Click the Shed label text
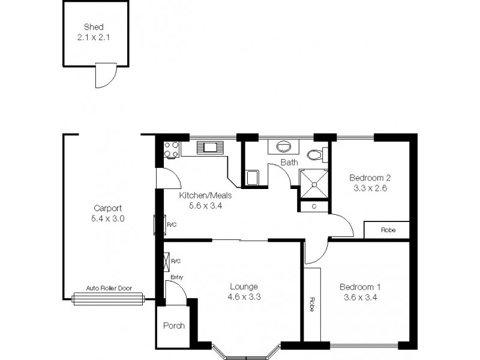pos(94,27)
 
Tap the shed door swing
pos(103,77)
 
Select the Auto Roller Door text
pos(108,288)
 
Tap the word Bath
pos(289,163)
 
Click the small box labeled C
pos(314,206)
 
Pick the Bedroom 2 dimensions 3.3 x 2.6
pos(370,187)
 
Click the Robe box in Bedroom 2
pos(387,229)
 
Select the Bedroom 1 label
pos(359,286)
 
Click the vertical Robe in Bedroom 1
pos(312,304)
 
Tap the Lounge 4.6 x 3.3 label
pos(243,291)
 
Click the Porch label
pos(174,326)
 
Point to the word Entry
pos(176,277)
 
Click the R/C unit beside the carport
pos(160,224)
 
